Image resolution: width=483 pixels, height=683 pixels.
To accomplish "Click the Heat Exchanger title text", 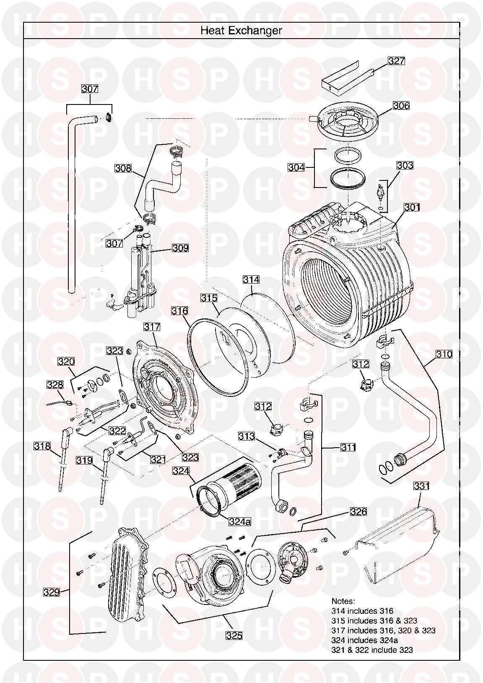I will click(x=241, y=30).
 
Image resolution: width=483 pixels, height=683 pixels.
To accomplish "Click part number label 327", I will click(x=396, y=61).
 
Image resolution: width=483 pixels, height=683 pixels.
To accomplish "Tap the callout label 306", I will click(x=401, y=105).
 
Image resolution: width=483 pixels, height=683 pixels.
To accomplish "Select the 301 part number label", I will click(x=412, y=207).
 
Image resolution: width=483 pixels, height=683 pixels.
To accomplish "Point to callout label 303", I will click(x=405, y=165).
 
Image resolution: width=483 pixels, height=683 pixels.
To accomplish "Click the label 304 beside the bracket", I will click(x=296, y=167).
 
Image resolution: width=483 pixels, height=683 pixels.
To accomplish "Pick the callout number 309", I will click(x=180, y=248).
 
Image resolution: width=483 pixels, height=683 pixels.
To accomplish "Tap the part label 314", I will click(x=251, y=279).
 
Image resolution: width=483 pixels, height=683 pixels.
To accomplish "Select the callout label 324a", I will click(x=239, y=521).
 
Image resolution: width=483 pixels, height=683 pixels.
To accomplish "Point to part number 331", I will click(x=421, y=486).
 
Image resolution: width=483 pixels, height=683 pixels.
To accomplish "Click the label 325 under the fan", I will click(x=234, y=636).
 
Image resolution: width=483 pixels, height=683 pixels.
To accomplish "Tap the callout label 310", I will click(x=444, y=354).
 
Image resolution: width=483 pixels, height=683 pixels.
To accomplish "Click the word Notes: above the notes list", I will click(x=343, y=601).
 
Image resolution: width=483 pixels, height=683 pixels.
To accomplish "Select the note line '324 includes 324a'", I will click(x=364, y=640).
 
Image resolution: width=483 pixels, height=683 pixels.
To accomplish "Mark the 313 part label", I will click(x=247, y=436).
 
